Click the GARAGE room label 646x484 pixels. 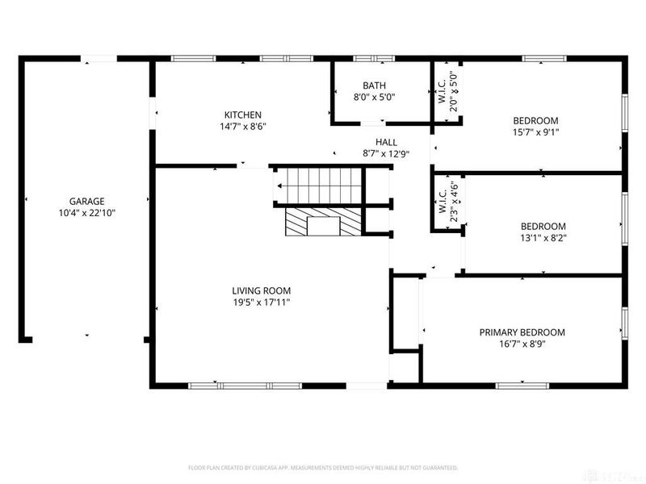click(x=86, y=202)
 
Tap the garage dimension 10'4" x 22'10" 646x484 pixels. click(x=86, y=214)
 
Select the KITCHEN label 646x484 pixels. click(x=242, y=115)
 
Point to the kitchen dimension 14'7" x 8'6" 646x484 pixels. click(x=242, y=127)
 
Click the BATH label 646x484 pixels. click(x=374, y=86)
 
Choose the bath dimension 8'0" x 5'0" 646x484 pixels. click(x=374, y=97)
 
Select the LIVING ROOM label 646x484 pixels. click(x=261, y=291)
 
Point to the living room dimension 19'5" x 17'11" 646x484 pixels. click(x=261, y=303)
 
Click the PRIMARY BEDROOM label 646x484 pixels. click(x=522, y=332)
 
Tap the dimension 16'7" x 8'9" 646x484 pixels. click(x=522, y=344)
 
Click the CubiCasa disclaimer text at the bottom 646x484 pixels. click(x=323, y=467)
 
